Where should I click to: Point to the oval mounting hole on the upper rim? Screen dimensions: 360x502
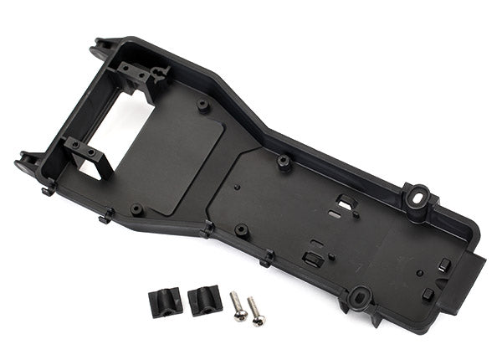pos(416,198)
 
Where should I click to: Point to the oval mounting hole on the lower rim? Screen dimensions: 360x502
pos(361,296)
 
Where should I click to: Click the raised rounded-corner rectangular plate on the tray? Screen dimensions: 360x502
pos(179,159)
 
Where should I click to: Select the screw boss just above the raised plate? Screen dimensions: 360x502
pos(203,106)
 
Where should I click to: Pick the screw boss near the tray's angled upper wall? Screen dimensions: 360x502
pos(284,161)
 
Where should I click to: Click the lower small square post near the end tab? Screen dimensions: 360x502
pos(429,294)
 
